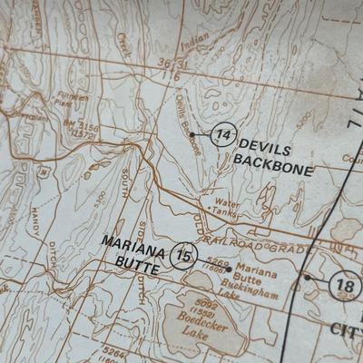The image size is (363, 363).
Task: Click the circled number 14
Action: click(223, 136)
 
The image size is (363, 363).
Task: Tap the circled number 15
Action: click(185, 257)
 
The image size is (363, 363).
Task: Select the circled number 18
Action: click(345, 284)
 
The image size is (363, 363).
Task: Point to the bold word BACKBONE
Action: click(272, 170)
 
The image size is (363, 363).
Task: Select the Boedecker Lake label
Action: click(193, 329)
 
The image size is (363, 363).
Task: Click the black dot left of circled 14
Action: click(191, 134)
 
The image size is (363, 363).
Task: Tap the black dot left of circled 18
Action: click(307, 278)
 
